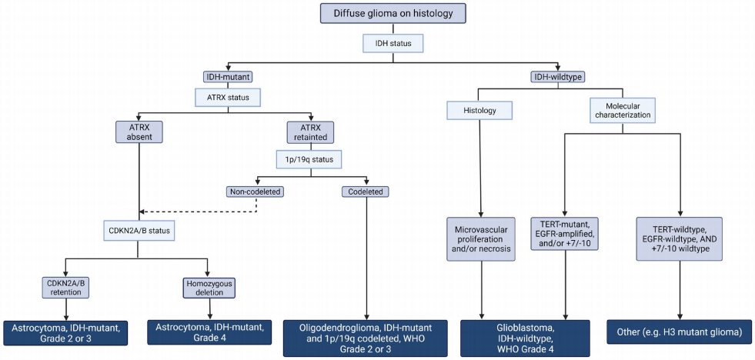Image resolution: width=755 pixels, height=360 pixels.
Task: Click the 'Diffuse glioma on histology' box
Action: point(393,13)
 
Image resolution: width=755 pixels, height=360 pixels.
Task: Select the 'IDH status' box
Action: point(393,45)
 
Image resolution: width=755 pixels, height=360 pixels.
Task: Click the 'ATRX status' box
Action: point(229,97)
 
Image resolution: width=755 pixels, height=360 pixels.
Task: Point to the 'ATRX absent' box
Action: point(139,132)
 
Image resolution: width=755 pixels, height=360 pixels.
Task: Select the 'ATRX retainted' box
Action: point(311,132)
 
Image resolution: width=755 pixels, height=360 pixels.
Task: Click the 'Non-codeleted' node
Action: point(256,192)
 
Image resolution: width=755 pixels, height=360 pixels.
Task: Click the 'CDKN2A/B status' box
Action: point(139,230)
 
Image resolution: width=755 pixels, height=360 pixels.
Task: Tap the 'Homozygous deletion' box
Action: point(208,288)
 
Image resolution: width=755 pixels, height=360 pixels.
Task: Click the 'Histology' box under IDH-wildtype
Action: point(479,111)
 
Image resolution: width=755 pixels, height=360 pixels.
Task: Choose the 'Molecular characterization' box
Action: point(622,110)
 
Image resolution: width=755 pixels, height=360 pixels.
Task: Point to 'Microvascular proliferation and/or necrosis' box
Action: point(479,239)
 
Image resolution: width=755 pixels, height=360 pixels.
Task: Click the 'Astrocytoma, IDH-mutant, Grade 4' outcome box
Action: point(209,332)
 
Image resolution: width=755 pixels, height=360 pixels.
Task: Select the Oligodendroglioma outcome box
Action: point(366,338)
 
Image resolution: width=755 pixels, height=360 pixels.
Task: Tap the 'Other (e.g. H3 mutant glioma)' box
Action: point(680,332)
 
